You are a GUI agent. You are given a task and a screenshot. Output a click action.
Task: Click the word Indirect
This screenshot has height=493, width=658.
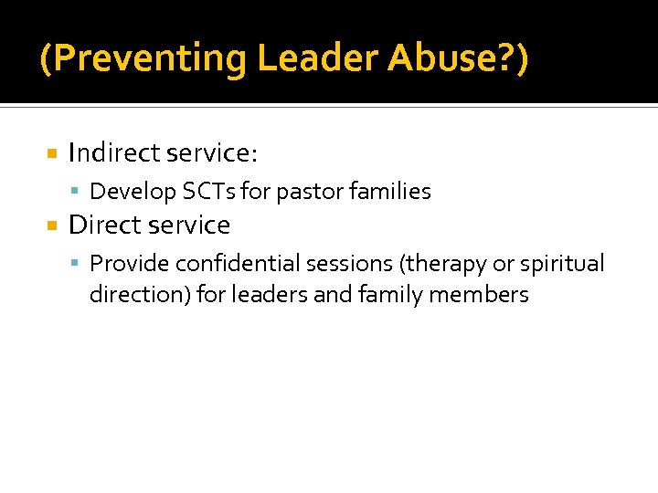[x=114, y=152]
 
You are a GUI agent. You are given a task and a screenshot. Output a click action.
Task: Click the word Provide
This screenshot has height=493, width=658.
[x=130, y=264]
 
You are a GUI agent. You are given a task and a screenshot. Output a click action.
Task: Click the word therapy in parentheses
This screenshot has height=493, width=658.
[x=442, y=265]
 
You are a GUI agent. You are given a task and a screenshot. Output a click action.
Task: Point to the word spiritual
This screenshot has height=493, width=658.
[x=562, y=265]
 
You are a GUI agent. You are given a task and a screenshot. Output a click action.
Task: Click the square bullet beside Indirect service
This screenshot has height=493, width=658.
[x=52, y=152]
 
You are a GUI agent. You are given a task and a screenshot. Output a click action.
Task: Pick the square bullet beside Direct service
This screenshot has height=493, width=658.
[x=52, y=225]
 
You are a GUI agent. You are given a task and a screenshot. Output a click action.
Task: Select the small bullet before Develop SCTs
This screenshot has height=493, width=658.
[x=78, y=192]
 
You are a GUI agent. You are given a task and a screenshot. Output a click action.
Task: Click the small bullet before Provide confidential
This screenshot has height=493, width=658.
[x=78, y=264]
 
